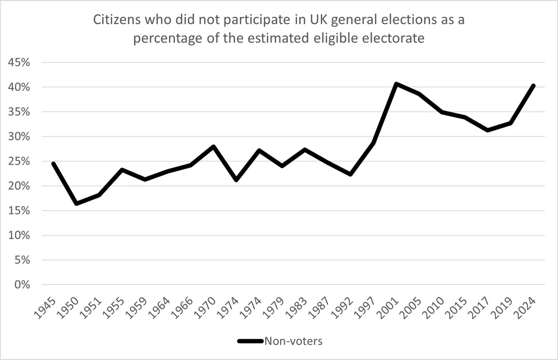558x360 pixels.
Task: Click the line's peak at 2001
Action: [x=396, y=84]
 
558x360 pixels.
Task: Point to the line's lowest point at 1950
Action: [x=76, y=203]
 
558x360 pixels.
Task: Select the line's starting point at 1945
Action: [x=53, y=164]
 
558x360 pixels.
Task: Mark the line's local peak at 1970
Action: [x=213, y=146]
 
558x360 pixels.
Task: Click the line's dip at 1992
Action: [x=350, y=174]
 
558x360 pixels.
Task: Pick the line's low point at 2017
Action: [x=487, y=130]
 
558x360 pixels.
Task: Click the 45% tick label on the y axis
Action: [x=19, y=63]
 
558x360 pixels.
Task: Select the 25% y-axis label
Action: [x=19, y=161]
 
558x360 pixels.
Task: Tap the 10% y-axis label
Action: [x=19, y=236]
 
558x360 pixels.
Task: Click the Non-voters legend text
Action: [x=294, y=340]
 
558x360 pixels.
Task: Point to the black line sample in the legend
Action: [x=251, y=340]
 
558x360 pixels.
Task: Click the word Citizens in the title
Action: [x=118, y=21]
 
